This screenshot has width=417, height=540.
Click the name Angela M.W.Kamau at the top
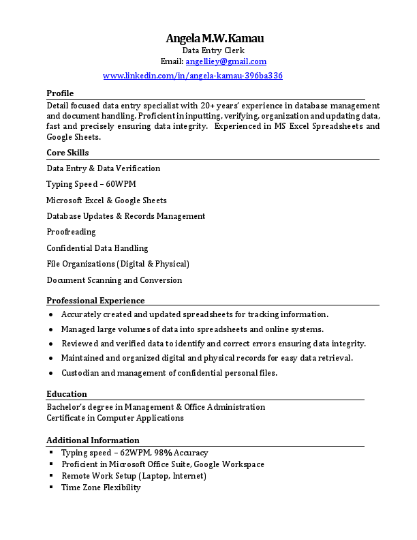(214, 38)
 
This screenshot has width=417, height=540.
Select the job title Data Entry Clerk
(213, 50)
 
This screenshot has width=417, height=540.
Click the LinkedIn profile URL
(192, 76)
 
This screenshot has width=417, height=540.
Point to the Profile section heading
(60, 93)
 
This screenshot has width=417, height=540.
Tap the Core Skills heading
(67, 153)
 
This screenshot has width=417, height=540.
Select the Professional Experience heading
(95, 301)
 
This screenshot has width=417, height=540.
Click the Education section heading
(67, 394)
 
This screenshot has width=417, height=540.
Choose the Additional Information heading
(93, 440)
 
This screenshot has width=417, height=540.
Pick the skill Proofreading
(71, 232)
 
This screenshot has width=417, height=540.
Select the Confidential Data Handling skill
(97, 248)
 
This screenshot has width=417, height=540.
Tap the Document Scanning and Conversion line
(114, 280)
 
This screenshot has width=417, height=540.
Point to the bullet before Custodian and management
(52, 374)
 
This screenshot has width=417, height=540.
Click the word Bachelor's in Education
(65, 407)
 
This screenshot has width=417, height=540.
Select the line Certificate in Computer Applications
(115, 418)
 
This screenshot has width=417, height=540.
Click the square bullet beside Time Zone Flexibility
(52, 487)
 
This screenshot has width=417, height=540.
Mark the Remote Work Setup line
(134, 476)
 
